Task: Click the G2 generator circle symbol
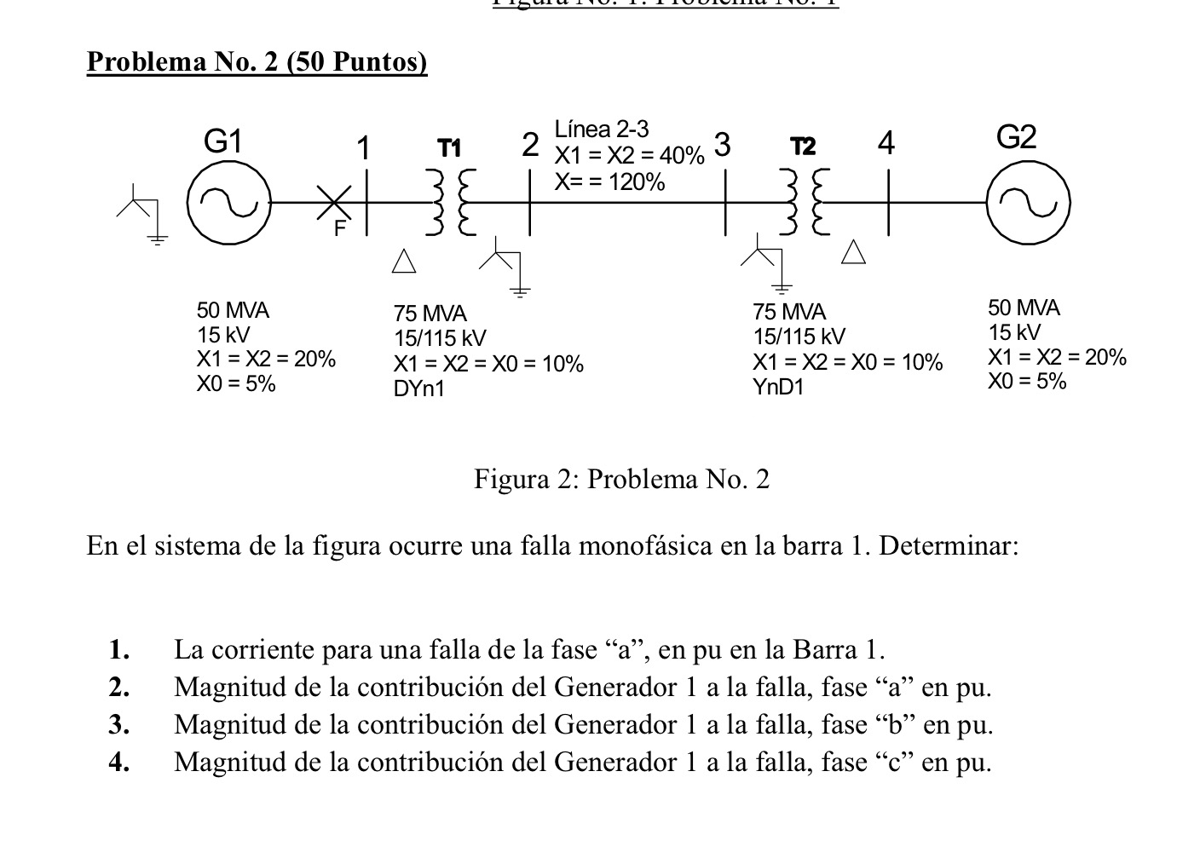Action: [x=1028, y=204]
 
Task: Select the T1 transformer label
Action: [x=449, y=148]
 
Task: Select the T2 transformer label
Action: [x=802, y=147]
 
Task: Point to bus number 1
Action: [x=364, y=148]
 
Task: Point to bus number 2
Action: [x=530, y=146]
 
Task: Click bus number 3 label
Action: [x=722, y=146]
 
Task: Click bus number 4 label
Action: [x=886, y=144]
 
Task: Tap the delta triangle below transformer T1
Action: [x=404, y=262]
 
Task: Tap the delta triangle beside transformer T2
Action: [x=854, y=252]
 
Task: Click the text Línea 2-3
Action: [x=601, y=130]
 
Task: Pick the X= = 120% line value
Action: [x=609, y=181]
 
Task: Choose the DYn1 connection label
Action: [x=418, y=389]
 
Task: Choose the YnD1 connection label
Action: [x=778, y=387]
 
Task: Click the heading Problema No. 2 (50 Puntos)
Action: [x=257, y=62]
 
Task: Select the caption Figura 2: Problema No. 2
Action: [x=621, y=480]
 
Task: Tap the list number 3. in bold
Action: [x=119, y=724]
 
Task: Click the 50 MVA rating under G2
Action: [x=1024, y=308]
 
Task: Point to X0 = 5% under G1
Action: [x=236, y=383]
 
